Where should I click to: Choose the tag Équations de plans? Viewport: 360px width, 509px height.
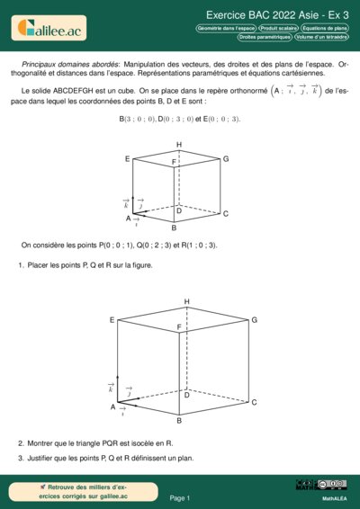coord(325,28)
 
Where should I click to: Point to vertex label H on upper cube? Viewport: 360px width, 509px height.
coord(179,145)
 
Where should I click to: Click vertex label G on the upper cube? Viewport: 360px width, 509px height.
coord(226,159)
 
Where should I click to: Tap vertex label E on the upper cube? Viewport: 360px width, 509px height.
coord(128,159)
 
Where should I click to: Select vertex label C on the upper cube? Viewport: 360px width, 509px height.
coord(226,214)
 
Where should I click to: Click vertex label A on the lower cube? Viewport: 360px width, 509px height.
coord(112,407)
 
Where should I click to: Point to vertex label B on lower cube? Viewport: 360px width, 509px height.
coord(179,421)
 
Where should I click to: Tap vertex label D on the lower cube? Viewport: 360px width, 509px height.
coord(187,395)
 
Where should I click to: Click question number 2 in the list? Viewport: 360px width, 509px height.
coord(21,443)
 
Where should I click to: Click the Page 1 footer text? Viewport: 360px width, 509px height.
coord(179,497)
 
